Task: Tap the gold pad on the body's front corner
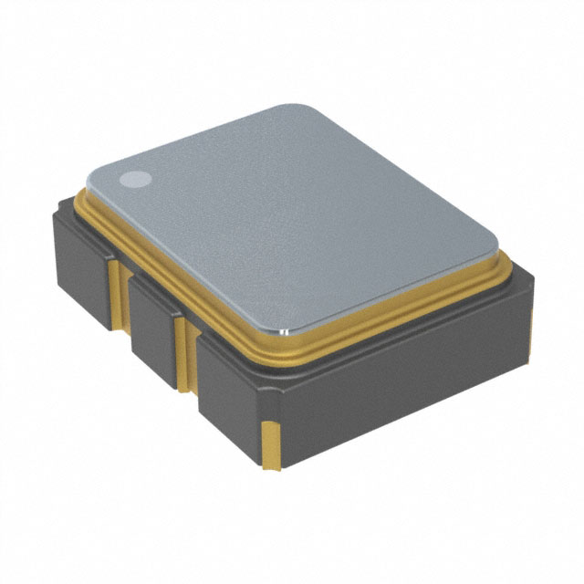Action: click(x=271, y=445)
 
